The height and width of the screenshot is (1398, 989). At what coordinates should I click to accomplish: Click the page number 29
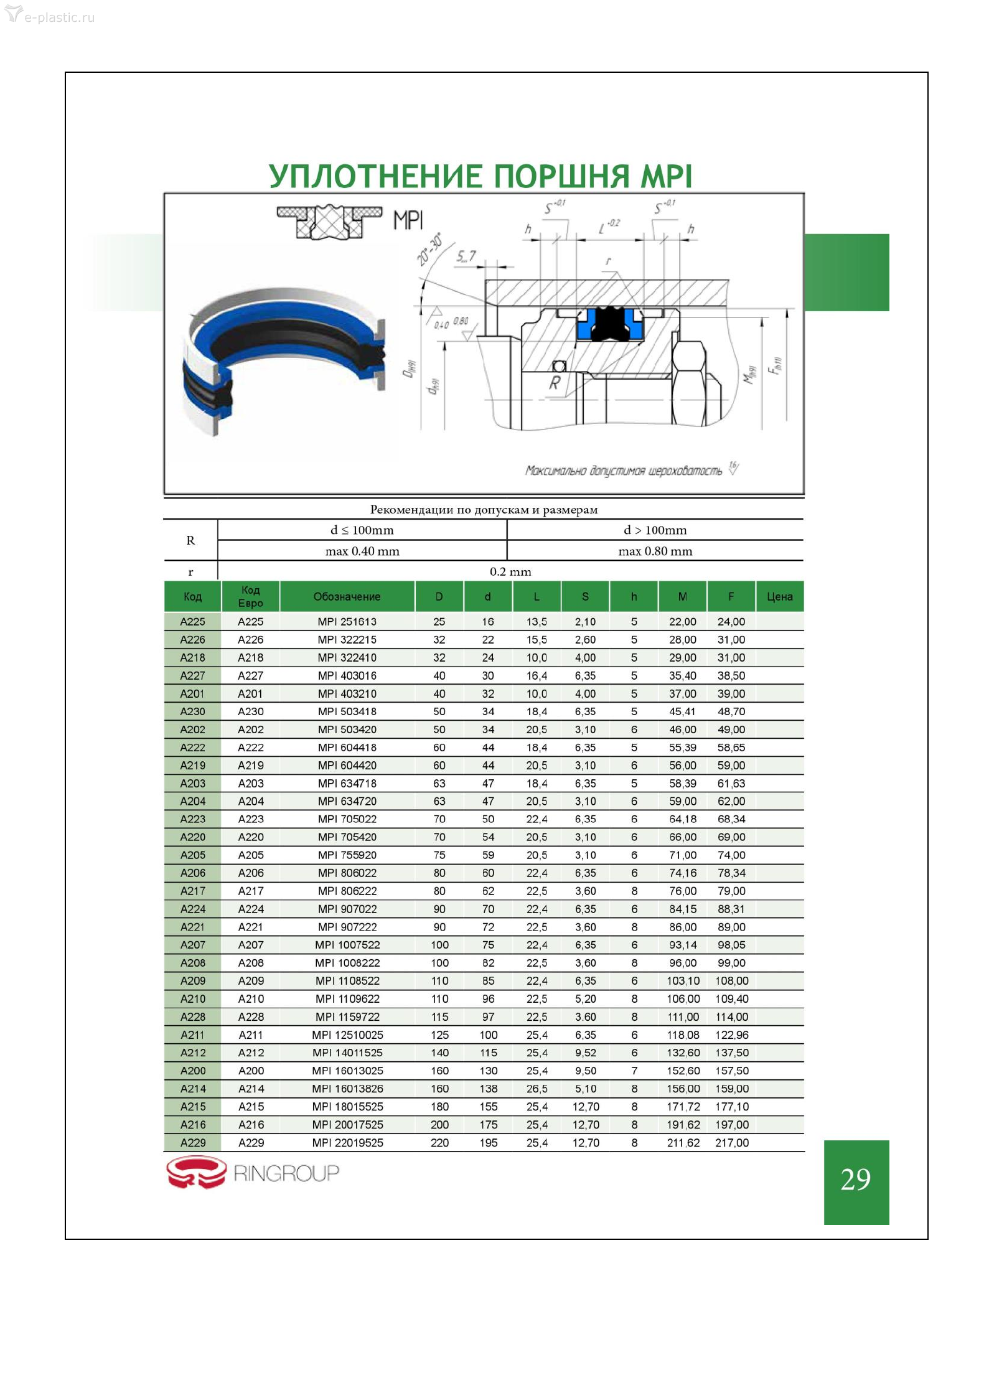click(855, 1179)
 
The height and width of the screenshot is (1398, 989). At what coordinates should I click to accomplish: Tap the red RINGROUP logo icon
click(196, 1172)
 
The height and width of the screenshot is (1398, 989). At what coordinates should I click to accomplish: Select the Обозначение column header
click(347, 596)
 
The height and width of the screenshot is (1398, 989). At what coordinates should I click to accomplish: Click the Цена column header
click(779, 596)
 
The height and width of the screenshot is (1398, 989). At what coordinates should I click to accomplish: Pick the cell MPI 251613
click(347, 621)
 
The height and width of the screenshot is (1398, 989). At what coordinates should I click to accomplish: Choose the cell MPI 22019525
click(347, 1142)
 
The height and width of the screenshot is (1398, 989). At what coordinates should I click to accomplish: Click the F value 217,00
click(732, 1142)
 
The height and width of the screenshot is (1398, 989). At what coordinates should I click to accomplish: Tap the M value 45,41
click(683, 711)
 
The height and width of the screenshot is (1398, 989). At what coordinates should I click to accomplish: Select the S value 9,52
click(586, 1053)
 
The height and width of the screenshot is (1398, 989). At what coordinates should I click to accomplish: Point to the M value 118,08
click(683, 1034)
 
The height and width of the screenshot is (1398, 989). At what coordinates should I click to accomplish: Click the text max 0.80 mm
click(655, 551)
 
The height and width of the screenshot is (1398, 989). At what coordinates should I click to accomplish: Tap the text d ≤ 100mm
click(362, 530)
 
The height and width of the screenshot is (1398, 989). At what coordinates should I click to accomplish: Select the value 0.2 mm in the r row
click(510, 571)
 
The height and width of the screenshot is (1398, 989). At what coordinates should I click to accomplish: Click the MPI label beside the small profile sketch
click(408, 220)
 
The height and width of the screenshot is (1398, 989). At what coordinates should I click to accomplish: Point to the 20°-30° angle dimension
click(429, 249)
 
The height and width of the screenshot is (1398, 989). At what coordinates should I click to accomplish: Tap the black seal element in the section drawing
click(609, 324)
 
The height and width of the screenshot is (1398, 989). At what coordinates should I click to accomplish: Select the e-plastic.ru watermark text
click(59, 17)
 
